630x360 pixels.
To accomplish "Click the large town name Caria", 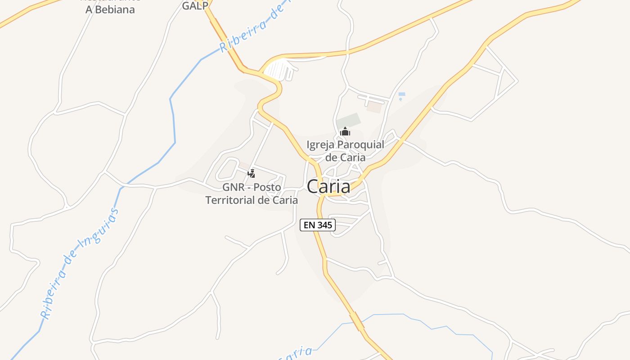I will (x=328, y=186).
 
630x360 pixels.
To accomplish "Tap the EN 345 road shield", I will (x=318, y=225).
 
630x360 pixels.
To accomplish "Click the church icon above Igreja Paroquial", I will (x=345, y=132).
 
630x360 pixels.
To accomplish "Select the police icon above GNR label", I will (x=252, y=173).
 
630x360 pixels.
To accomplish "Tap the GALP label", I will (x=195, y=6).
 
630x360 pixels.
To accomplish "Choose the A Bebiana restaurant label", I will (x=110, y=9).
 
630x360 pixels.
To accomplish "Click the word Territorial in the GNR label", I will (x=232, y=200).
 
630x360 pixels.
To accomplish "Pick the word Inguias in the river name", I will (x=98, y=228).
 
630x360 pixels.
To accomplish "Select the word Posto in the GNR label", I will (x=268, y=187).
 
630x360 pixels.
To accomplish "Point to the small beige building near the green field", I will (x=373, y=108).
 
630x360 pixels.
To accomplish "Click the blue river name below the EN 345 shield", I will (x=295, y=354).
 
